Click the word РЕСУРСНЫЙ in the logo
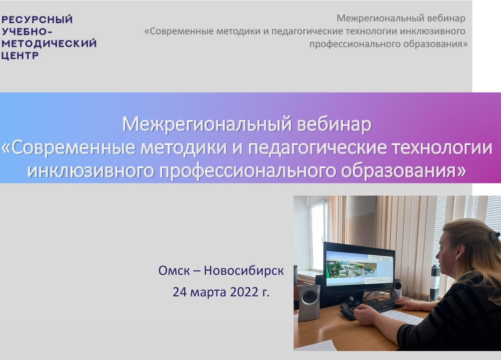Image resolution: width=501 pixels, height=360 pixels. click(x=37, y=20)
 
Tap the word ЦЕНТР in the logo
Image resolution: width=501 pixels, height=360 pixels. click(x=20, y=56)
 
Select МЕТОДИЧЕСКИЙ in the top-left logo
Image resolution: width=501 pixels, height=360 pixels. click(x=49, y=44)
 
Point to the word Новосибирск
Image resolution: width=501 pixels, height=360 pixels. click(x=244, y=271)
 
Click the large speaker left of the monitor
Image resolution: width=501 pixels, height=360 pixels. click(x=309, y=302)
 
